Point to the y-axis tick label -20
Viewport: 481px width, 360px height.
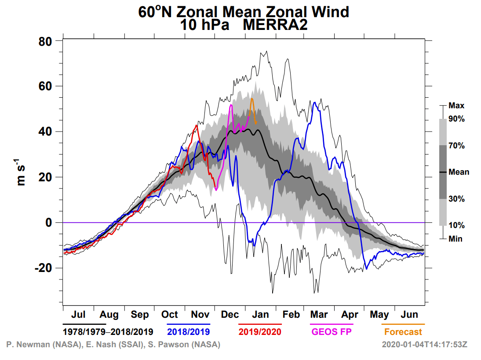tap(44, 268)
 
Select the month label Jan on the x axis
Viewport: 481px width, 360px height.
tap(260, 315)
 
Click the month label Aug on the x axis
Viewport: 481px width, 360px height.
tap(109, 315)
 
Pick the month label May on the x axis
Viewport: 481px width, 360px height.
tap(379, 315)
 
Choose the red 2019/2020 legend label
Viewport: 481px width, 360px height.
tap(260, 331)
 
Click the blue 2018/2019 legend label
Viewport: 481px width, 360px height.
tap(189, 331)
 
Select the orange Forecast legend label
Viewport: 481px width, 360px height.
tap(403, 332)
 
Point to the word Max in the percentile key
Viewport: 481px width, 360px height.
tap(456, 106)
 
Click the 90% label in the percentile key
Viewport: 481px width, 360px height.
tap(456, 119)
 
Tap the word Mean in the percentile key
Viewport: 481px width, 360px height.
tap(459, 172)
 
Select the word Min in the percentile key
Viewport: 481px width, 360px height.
tap(455, 239)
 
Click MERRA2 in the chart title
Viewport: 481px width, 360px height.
tap(275, 25)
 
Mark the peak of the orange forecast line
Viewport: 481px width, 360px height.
tap(252, 99)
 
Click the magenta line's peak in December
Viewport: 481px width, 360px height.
tap(231, 105)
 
